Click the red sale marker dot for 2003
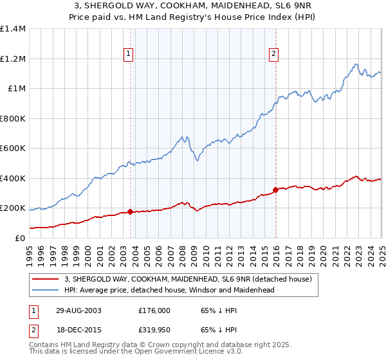[x=131, y=212]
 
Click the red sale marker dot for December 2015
[x=275, y=190]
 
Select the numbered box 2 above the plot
[x=274, y=54]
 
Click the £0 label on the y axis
[x=19, y=238]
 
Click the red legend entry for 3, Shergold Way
[x=188, y=279]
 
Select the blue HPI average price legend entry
[x=169, y=290]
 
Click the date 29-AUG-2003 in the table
[x=78, y=310]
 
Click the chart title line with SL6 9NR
[x=192, y=7]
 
